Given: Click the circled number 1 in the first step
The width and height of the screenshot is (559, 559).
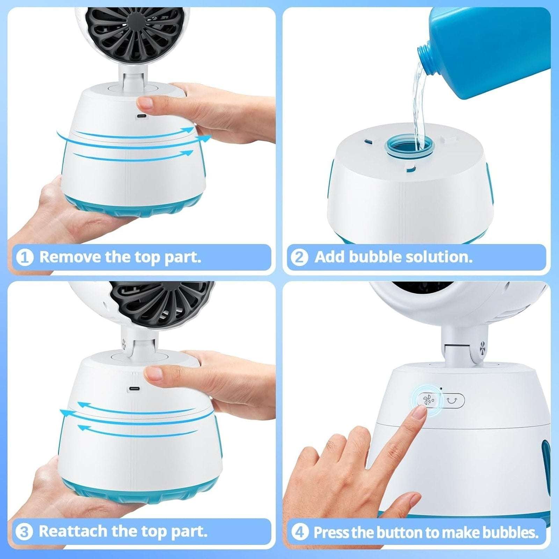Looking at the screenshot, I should tap(25, 257).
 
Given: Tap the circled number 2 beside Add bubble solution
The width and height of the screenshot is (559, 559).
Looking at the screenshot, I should tap(300, 257).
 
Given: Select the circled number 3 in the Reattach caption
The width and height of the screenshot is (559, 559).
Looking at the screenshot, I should tap(24, 532).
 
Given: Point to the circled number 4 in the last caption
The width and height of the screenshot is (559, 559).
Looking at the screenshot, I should tap(300, 532).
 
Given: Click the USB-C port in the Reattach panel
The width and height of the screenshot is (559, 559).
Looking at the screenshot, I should tap(133, 389).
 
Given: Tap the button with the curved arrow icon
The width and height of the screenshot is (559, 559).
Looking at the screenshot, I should tap(452, 400).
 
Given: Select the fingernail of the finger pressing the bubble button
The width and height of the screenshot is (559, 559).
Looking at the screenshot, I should tap(419, 415).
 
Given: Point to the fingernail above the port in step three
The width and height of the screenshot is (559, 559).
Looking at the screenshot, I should tap(153, 373).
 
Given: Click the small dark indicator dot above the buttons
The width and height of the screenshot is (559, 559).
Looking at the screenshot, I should tap(441, 388).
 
